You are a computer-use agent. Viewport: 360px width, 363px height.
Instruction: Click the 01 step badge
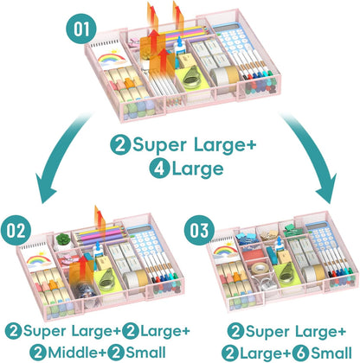tap(81, 29)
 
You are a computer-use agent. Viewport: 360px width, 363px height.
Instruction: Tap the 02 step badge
tap(16, 230)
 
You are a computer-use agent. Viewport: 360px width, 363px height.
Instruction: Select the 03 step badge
tap(199, 230)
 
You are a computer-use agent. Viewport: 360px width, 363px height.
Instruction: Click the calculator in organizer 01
tap(232, 41)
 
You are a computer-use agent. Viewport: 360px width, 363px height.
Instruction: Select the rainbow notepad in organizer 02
tap(39, 257)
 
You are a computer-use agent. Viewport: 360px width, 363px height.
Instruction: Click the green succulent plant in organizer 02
tap(62, 239)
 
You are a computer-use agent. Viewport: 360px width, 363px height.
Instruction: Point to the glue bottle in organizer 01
tap(179, 46)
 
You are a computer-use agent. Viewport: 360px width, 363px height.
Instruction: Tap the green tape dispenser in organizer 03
tap(286, 274)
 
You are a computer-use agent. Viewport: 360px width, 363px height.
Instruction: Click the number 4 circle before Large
tap(159, 169)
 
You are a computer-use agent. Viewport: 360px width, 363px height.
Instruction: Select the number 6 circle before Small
tap(300, 353)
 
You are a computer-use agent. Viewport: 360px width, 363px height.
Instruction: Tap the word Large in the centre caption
tap(197, 169)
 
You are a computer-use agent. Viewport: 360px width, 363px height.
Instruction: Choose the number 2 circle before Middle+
tap(38, 353)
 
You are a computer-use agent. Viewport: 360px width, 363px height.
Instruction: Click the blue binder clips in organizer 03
tap(247, 239)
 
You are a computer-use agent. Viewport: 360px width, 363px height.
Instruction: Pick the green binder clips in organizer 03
tap(292, 230)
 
